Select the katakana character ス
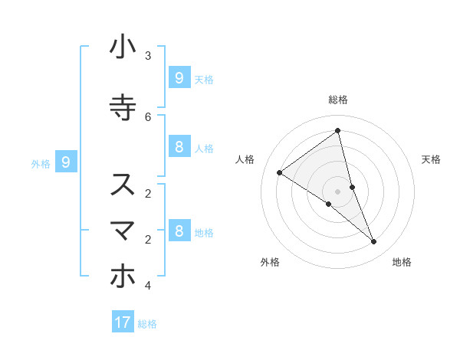coord(123,185)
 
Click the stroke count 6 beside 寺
coord(148,116)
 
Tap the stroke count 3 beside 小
coord(148,56)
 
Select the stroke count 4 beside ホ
coord(148,286)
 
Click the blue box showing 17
coord(123,322)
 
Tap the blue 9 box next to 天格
coord(179,77)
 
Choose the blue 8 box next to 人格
coord(179,147)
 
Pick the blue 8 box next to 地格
coord(179,231)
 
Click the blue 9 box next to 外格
coord(66,162)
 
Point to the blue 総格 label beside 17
coord(147,324)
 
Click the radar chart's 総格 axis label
coord(338,100)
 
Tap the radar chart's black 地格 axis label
coord(402,262)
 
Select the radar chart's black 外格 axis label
coord(270,262)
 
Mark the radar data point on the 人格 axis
coord(280,173)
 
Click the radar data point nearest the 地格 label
coord(374,242)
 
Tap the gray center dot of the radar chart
coord(337,191)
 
